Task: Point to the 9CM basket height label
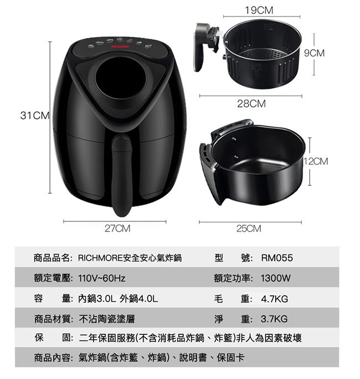329,53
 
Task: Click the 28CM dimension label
251,103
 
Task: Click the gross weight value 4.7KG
274,299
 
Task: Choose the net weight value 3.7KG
274,319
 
